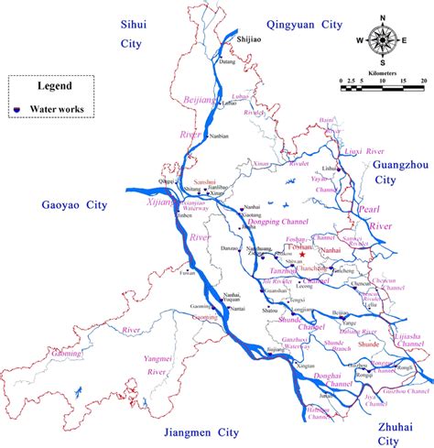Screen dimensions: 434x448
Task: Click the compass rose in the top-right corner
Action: [384, 40]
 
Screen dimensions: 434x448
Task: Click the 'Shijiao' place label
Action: [249, 40]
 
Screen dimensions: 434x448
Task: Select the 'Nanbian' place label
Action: [219, 137]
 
